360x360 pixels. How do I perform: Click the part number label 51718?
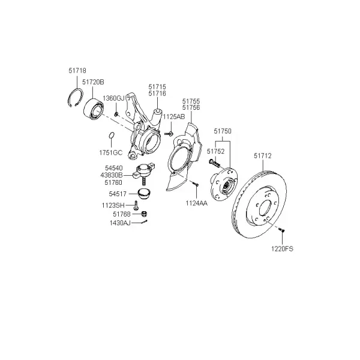77,70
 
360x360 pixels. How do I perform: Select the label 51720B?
93,82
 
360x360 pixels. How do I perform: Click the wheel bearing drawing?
94,109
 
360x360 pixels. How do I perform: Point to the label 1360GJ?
113,98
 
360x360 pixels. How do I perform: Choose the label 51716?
157,94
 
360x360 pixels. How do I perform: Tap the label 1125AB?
174,116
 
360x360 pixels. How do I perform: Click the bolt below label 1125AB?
169,133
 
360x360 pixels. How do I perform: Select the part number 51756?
191,107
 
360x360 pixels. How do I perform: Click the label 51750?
223,131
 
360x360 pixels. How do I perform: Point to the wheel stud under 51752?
214,163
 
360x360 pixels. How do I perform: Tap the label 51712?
263,156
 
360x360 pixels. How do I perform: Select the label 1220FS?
282,249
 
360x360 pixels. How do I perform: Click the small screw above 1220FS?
281,230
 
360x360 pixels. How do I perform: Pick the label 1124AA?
197,203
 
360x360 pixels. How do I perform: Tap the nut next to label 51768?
144,214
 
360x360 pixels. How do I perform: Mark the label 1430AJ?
120,223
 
